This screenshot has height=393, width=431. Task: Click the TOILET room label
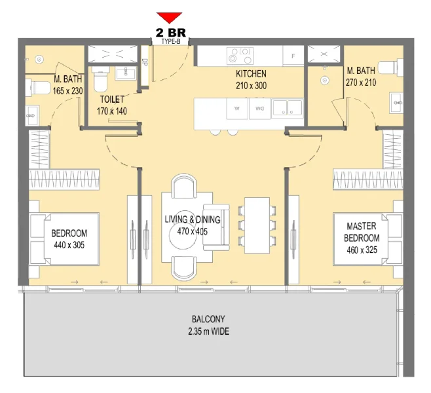tap(113, 101)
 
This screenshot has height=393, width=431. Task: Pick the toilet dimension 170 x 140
tap(113, 111)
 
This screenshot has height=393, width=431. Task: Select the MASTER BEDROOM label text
tap(361, 231)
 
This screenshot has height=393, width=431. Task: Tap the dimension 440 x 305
tap(69, 244)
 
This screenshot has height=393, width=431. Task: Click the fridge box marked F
tap(293, 56)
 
